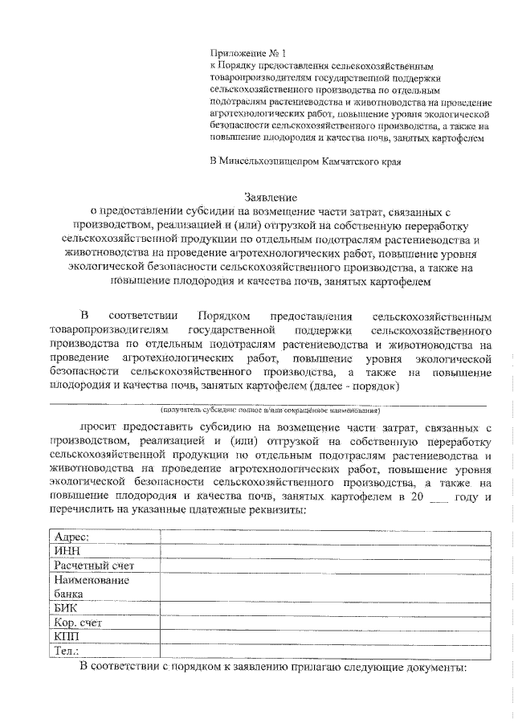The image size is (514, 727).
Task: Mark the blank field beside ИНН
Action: (x=315, y=552)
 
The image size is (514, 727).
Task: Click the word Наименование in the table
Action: (x=92, y=580)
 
